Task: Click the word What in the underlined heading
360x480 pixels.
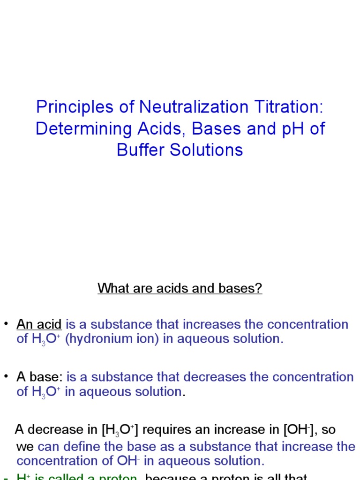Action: [x=112, y=288]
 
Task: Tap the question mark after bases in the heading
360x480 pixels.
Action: [x=258, y=288]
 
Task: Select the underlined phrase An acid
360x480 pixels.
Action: [x=39, y=324]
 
